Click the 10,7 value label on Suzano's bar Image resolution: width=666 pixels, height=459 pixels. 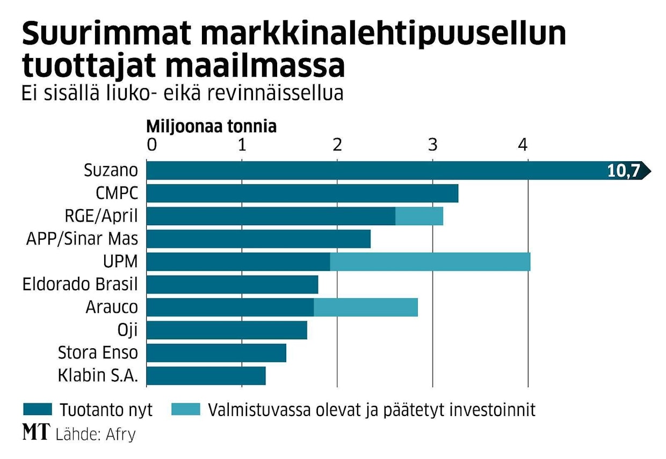coord(623,171)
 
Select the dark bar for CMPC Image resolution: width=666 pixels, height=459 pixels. coord(302,193)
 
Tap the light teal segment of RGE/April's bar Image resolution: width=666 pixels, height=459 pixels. coord(419,216)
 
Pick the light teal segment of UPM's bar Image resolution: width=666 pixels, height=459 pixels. coord(430,262)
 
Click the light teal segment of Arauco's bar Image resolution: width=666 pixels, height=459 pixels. coord(365,307)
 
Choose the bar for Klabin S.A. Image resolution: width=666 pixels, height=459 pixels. coord(206,376)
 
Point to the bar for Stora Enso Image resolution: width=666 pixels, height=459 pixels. coord(216,353)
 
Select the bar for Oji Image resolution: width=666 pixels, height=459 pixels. coord(226,330)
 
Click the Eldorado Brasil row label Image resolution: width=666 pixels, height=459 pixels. coord(80,284)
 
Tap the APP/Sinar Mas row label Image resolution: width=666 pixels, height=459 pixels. coord(82,239)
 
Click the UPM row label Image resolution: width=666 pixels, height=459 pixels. coord(121,262)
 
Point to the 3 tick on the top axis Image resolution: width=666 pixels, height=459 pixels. coord(432,145)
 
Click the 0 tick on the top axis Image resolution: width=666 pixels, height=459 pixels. coord(152,145)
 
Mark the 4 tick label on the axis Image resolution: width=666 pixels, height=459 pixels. coord(522,145)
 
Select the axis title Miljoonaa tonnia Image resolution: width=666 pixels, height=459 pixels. coord(212,127)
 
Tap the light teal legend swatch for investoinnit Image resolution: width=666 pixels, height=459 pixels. coord(185,410)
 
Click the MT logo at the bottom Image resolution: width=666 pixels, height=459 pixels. coord(36,433)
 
